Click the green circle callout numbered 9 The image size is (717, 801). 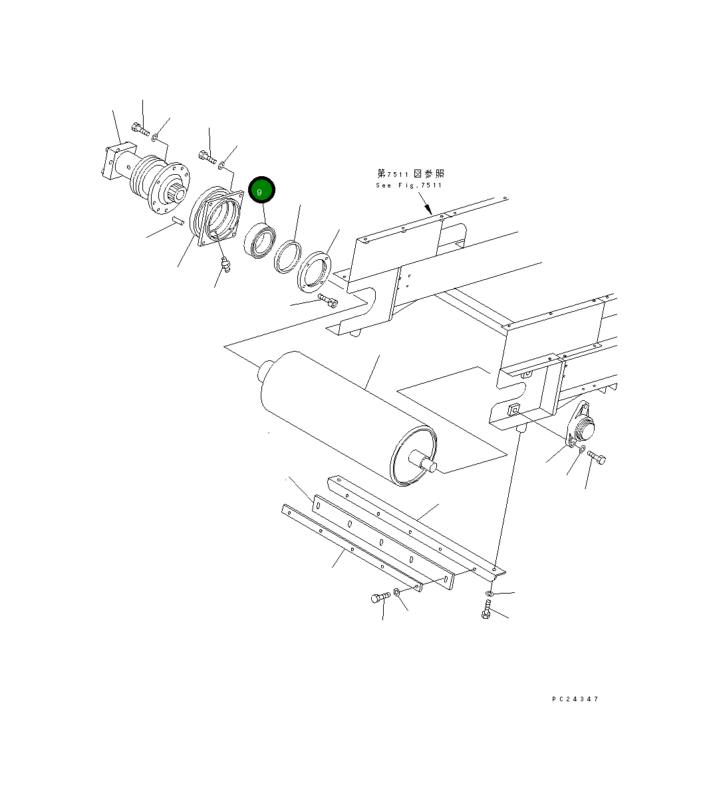click(x=261, y=191)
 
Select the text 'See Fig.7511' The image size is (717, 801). click(x=408, y=185)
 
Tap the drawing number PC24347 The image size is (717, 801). click(x=575, y=699)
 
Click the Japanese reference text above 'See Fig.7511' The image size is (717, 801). click(x=410, y=173)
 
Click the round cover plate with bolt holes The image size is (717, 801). click(x=313, y=270)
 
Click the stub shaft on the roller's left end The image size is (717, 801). click(x=265, y=369)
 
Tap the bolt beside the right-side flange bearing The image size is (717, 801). click(x=596, y=457)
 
